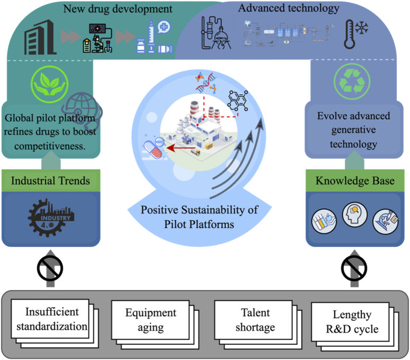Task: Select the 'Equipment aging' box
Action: [151, 320]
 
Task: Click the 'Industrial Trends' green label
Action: [51, 181]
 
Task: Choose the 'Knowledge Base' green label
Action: [355, 181]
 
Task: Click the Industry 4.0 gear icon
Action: [51, 218]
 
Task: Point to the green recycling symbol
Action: [352, 81]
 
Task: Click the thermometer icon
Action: [350, 34]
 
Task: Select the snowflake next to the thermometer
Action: [361, 27]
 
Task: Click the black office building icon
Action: [39, 37]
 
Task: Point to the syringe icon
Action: [151, 33]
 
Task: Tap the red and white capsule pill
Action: [154, 150]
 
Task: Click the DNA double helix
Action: [207, 83]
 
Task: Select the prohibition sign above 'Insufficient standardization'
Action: [50, 268]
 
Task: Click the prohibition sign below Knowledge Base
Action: [354, 268]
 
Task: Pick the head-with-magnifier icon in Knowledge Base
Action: [355, 215]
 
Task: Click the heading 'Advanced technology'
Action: [289, 9]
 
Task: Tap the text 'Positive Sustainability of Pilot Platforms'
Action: [199, 217]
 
